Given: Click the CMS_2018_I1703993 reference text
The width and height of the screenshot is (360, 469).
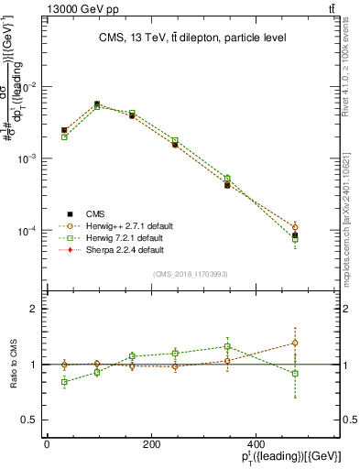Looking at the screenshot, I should click(191, 274).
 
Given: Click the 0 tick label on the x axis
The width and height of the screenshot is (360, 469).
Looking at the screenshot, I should click(47, 444).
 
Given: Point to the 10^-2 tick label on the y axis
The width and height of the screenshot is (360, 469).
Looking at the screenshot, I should click(28, 87).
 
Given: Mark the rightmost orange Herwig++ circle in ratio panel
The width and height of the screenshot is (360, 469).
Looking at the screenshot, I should click(321, 343).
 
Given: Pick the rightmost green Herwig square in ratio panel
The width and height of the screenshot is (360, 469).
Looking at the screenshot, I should click(321, 374).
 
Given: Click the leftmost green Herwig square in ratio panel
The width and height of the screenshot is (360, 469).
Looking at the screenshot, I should click(64, 381).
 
